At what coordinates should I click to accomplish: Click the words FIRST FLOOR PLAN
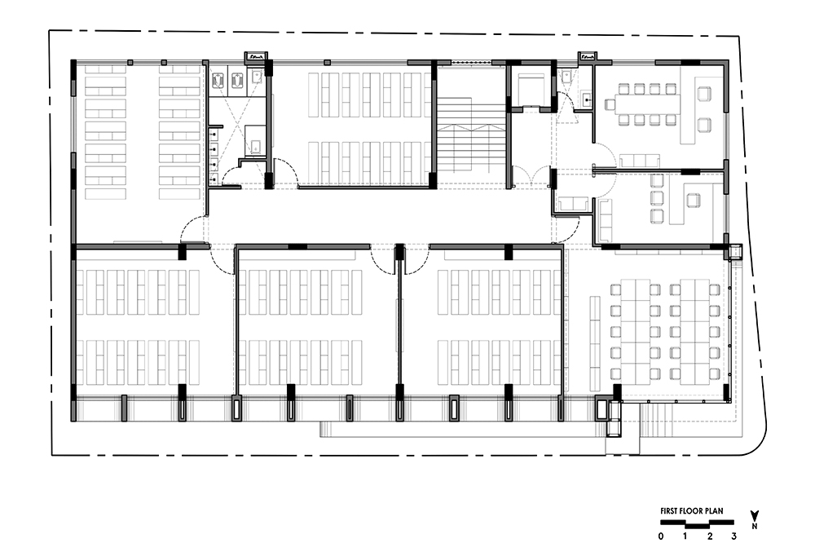tap(691, 510)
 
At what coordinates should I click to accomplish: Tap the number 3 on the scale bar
tap(734, 536)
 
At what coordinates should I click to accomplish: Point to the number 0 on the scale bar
tap(661, 536)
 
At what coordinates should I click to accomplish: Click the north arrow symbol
tap(755, 516)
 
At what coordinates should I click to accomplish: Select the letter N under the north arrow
tap(755, 527)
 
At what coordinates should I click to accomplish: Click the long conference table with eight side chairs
tap(647, 104)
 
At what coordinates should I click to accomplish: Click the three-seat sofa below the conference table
tap(639, 160)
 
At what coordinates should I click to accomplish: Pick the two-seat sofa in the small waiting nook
tap(572, 203)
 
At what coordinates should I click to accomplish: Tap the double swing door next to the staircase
tap(531, 176)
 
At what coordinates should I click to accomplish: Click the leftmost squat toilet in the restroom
tap(218, 80)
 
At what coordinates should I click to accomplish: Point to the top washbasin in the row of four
tap(214, 135)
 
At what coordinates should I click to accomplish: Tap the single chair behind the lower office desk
tap(693, 201)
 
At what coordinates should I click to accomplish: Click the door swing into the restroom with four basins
tap(231, 174)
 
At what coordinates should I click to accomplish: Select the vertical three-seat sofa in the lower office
tap(606, 219)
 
